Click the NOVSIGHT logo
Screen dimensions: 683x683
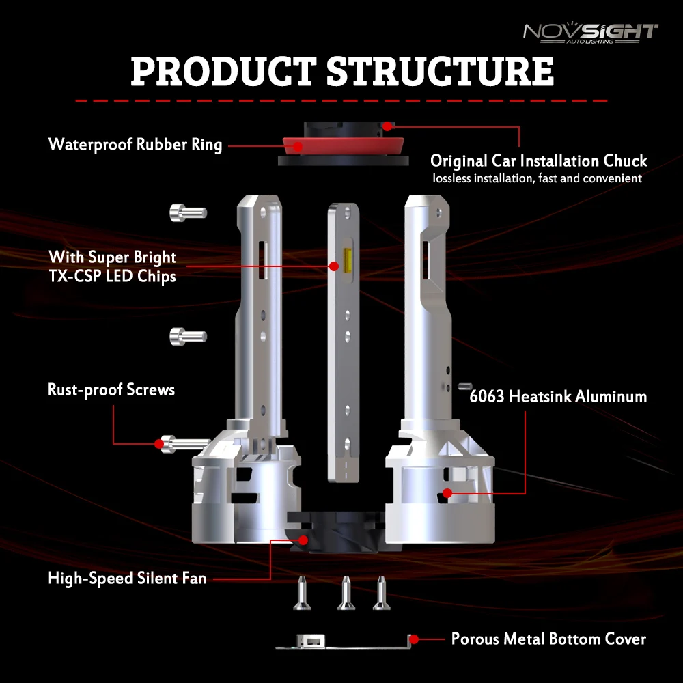click(x=590, y=32)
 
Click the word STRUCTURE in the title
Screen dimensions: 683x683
click(x=440, y=71)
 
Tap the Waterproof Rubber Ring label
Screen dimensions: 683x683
click(x=135, y=145)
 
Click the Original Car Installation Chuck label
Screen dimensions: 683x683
click(x=538, y=161)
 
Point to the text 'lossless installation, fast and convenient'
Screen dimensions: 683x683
click(x=537, y=178)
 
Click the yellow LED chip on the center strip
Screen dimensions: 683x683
click(x=336, y=266)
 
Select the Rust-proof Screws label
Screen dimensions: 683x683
click(x=111, y=390)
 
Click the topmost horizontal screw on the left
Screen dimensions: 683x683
click(x=186, y=212)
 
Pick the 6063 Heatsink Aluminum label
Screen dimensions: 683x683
click(x=558, y=396)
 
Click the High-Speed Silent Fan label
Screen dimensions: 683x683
click(x=127, y=579)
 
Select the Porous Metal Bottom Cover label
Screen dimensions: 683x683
click(x=548, y=639)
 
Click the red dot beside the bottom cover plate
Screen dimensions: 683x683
click(x=413, y=639)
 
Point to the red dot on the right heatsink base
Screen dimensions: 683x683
click(x=447, y=492)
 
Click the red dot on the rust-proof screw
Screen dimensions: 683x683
click(x=160, y=444)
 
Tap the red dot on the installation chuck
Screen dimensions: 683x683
click(x=387, y=126)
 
